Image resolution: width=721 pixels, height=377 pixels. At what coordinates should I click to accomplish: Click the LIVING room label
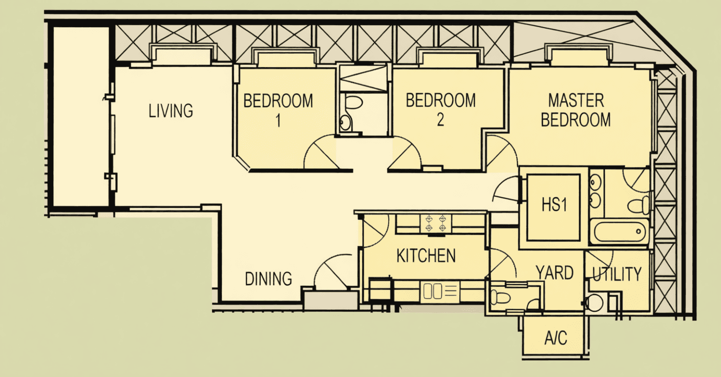click(171, 111)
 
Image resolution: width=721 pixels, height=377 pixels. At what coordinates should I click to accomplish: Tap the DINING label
click(268, 279)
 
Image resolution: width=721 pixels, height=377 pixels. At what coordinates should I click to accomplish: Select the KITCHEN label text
click(426, 256)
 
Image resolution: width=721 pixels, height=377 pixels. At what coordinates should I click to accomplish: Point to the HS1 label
click(554, 205)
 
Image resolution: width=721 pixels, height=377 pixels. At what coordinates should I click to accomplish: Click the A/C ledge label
click(556, 339)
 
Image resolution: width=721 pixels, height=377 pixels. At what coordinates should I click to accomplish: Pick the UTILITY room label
click(617, 275)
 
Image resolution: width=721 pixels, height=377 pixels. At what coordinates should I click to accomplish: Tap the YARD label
click(555, 273)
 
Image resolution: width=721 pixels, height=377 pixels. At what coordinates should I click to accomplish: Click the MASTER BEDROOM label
click(576, 110)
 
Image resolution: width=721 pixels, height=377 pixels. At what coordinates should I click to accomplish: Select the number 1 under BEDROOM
click(278, 121)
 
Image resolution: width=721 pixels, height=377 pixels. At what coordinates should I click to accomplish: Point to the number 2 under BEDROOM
click(440, 120)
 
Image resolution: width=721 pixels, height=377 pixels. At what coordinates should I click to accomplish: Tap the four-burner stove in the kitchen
click(436, 223)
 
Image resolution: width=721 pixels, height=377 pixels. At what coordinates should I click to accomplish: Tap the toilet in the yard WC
click(500, 297)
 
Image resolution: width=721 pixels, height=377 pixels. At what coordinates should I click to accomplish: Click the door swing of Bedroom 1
click(322, 151)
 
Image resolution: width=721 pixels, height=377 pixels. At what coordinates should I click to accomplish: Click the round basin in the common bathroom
click(345, 123)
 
